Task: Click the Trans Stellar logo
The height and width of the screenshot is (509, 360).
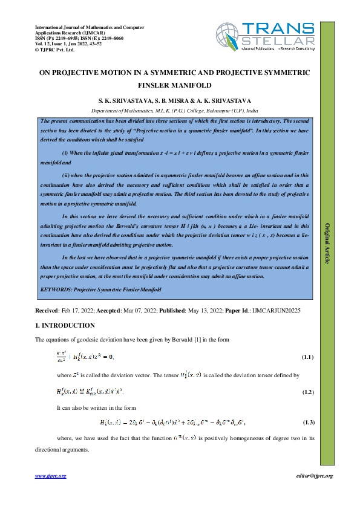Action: [x=266, y=36]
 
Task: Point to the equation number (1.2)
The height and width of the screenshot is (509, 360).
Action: [x=307, y=393]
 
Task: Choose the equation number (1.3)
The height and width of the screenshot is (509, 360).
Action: [x=307, y=421]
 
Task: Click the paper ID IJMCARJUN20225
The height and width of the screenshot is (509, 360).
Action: [x=277, y=310]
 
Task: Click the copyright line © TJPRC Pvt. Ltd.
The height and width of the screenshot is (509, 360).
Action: [x=54, y=50]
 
